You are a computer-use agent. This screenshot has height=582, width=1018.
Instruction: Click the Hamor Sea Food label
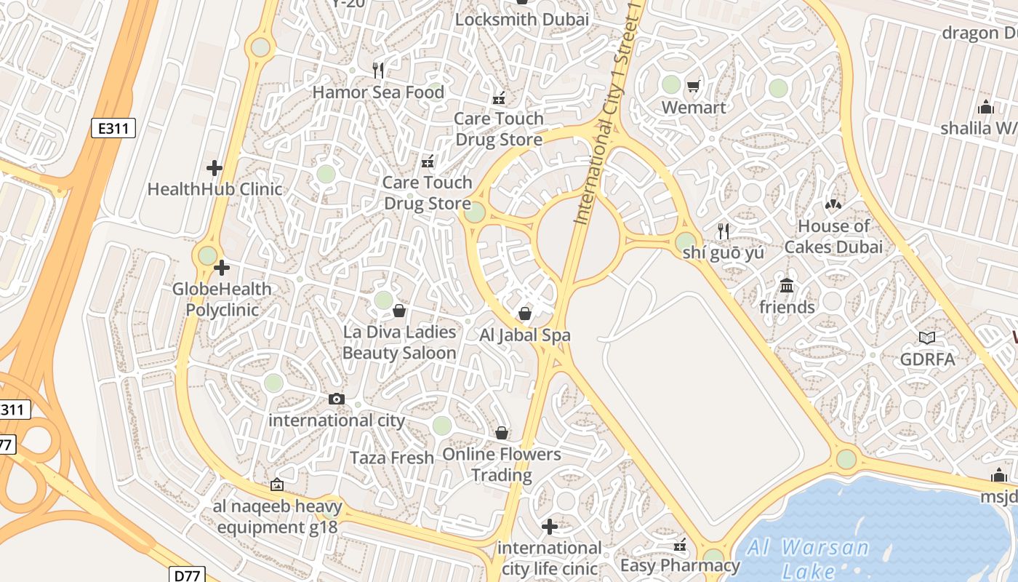[378, 92]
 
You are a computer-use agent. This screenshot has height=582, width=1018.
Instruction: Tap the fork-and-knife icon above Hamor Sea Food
[377, 70]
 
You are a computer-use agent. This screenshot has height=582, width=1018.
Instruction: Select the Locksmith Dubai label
[521, 20]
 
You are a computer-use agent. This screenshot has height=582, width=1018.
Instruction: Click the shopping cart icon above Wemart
[693, 87]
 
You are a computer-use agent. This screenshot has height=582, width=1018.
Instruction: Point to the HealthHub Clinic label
[215, 189]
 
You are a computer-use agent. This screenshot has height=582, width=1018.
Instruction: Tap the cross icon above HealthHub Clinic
[215, 168]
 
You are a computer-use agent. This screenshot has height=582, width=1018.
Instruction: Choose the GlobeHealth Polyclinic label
[222, 299]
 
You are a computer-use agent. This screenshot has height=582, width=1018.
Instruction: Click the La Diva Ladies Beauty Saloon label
[399, 342]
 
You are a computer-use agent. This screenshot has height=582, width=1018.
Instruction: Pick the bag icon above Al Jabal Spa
[525, 314]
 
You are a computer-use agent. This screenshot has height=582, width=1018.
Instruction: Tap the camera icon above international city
[337, 399]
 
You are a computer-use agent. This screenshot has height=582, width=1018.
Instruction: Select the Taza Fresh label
[392, 458]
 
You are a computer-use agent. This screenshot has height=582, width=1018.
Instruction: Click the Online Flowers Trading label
[502, 464]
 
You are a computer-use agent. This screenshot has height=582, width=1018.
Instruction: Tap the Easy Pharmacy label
[680, 565]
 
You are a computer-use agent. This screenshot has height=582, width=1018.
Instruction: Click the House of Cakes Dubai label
[833, 236]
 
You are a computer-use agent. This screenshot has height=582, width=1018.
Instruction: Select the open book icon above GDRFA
[927, 338]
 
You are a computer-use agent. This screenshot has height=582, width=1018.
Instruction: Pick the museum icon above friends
[786, 285]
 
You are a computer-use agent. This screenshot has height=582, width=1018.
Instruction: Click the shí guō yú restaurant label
[724, 252]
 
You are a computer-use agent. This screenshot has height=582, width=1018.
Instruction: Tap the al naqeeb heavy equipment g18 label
[277, 517]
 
